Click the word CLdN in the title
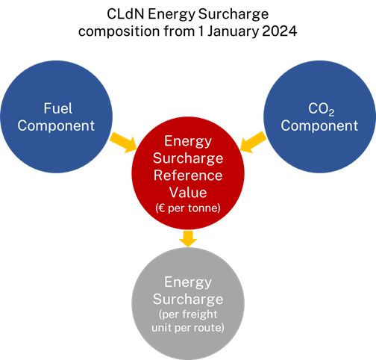125,14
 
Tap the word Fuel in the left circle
58,108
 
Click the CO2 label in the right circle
322,109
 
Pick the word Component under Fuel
56,125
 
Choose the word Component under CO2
319,125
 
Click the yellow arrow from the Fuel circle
123,143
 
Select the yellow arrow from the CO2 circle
254,143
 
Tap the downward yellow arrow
188,239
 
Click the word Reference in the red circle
188,176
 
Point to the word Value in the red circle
188,193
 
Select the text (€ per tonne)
188,208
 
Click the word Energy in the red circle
188,142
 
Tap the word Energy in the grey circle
188,282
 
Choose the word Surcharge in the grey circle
188,300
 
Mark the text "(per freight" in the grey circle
188,314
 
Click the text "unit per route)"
188,328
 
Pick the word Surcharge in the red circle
188,158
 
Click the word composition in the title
119,32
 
